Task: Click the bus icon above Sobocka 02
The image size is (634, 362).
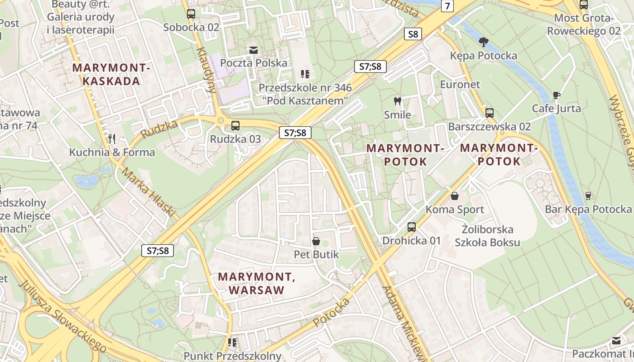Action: pos(191,14)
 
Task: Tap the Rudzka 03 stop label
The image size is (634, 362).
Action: pos(235,139)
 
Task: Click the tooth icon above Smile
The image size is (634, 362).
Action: pos(398,101)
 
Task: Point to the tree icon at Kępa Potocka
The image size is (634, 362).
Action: pos(483,42)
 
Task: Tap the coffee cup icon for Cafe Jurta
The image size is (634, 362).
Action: pos(557,95)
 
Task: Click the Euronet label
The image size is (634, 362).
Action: pos(460,85)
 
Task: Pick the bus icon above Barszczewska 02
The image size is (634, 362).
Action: pos(490,113)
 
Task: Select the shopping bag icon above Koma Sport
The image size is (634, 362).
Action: pos(455,196)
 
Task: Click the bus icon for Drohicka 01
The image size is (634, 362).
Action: pos(411,227)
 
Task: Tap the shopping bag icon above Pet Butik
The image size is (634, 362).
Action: pos(316,241)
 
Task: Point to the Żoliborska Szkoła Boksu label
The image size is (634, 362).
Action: pos(487,236)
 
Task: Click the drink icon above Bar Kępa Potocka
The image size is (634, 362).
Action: pos(588,195)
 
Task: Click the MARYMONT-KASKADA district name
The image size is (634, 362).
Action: pos(111,75)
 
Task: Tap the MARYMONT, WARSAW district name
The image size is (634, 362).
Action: pos(257,283)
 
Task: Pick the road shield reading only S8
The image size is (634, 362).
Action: pos(413,34)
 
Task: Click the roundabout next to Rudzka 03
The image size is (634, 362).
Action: pos(221,120)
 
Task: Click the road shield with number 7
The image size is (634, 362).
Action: pos(447,6)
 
